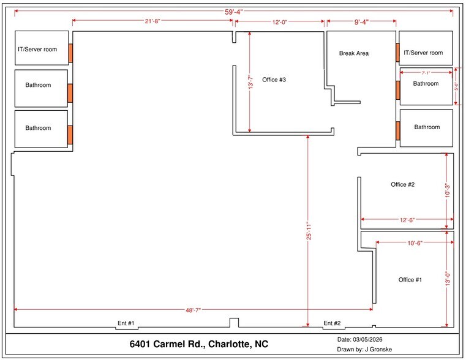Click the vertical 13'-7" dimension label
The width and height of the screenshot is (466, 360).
click(x=249, y=83)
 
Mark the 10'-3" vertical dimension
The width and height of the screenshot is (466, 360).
click(x=448, y=190)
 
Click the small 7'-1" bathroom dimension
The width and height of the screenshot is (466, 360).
click(x=426, y=73)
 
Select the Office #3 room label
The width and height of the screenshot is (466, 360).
click(x=274, y=80)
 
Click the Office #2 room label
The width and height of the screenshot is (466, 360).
click(x=403, y=184)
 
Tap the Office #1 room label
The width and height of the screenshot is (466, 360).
click(x=410, y=280)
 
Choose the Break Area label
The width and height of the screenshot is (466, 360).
click(x=354, y=53)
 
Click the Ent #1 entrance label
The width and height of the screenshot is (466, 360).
click(x=126, y=323)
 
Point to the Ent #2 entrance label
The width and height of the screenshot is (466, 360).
click(x=332, y=323)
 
